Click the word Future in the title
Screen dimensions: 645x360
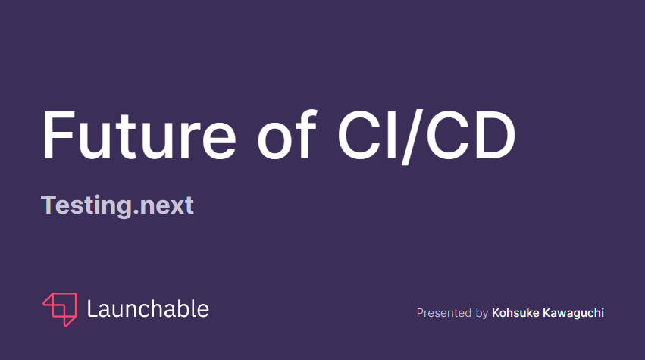[139, 136]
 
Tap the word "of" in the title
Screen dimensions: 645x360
[287, 135]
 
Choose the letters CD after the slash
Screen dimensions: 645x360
[471, 135]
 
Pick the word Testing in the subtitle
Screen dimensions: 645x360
[86, 205]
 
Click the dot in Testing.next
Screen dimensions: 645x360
[136, 213]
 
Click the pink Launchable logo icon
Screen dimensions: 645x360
[60, 309]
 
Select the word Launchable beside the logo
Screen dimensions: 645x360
[148, 309]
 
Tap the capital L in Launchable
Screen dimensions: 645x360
[92, 309]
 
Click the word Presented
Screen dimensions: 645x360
[444, 313]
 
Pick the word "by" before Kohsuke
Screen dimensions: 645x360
[482, 314]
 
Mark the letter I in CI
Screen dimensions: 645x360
[393, 136]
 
